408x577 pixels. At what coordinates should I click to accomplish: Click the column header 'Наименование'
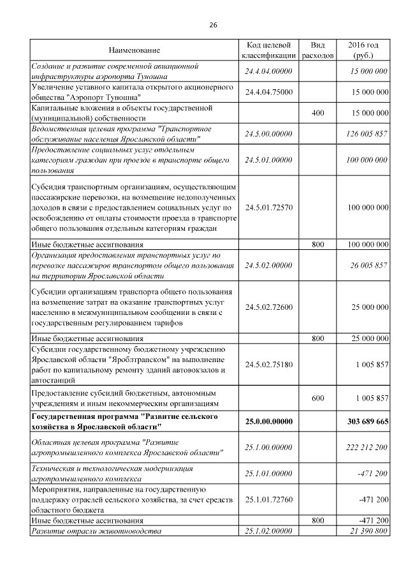(134, 50)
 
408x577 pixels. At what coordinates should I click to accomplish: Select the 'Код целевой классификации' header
(268, 50)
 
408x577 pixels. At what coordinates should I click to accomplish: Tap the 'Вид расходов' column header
(317, 50)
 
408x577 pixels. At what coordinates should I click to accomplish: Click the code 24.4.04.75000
(268, 92)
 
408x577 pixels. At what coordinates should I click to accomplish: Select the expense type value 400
(317, 113)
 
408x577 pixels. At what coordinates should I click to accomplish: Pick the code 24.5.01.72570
(268, 207)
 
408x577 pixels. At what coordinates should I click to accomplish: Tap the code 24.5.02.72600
(268, 307)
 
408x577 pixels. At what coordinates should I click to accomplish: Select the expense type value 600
(317, 398)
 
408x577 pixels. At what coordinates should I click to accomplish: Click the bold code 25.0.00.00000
(268, 421)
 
